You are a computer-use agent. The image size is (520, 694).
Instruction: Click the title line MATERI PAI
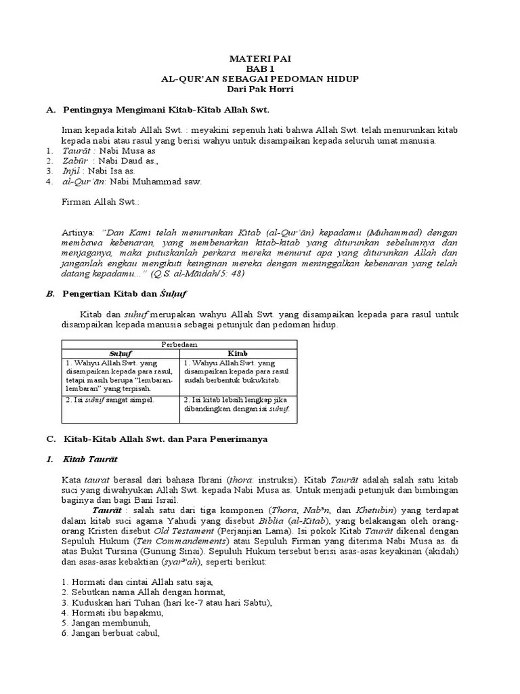pyautogui.click(x=260, y=59)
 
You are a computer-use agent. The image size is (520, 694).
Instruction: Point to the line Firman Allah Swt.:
pyautogui.click(x=100, y=201)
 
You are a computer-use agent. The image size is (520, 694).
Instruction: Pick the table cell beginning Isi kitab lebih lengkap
pyautogui.click(x=237, y=405)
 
